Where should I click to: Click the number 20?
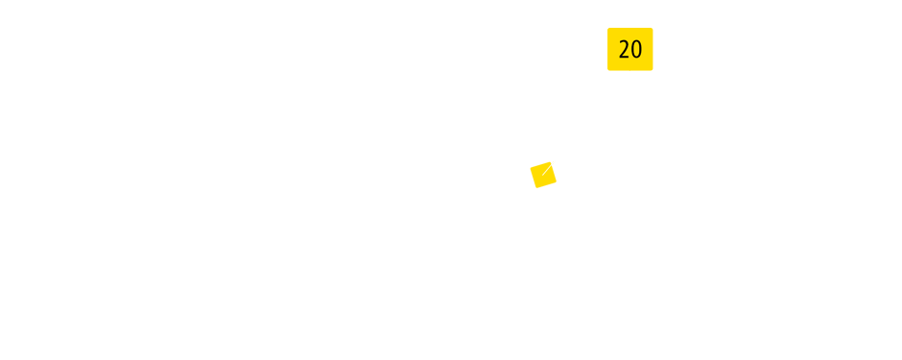[629, 49]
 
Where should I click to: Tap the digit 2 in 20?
[624, 49]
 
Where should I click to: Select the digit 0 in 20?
[635, 49]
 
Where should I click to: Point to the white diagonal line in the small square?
[548, 169]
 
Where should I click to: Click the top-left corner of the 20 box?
[608, 29]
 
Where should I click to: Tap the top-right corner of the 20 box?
[653, 29]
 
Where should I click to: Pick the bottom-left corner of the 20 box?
[608, 69]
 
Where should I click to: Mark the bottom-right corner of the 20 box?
[653, 69]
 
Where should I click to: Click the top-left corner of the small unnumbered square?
[531, 162]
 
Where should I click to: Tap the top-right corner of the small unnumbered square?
[557, 162]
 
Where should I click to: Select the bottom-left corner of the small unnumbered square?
[531, 187]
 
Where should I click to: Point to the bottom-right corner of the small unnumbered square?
[557, 187]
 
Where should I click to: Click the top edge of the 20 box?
[629, 29]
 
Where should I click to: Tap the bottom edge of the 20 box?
[629, 69]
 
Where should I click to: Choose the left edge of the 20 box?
[608, 49]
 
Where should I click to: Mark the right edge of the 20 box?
[653, 49]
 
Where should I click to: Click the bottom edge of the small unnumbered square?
[543, 187]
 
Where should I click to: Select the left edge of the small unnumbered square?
[531, 175]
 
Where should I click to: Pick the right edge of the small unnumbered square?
[557, 175]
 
